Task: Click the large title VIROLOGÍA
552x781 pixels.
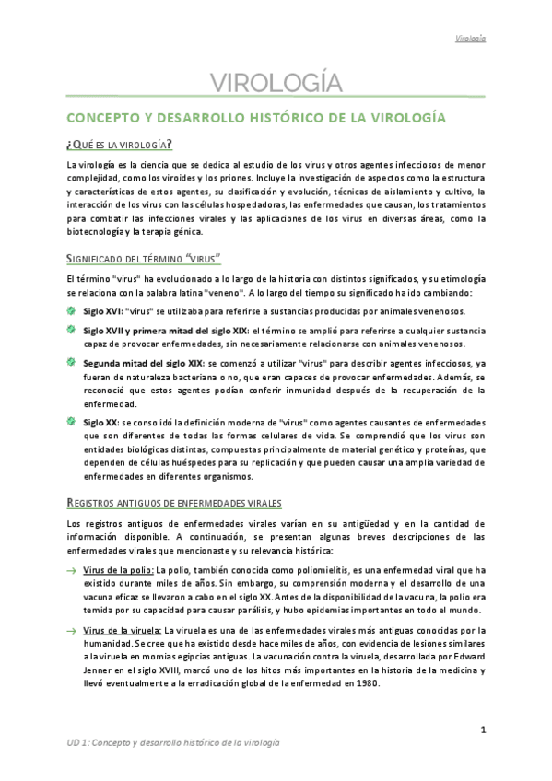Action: point(276,85)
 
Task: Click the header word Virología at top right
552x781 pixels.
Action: point(470,39)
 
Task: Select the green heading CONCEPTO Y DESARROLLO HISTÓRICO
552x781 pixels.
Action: point(256,119)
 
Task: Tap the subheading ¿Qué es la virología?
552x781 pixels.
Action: point(119,145)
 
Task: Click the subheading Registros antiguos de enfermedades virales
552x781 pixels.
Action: point(175,502)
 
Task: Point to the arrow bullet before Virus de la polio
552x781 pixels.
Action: point(72,571)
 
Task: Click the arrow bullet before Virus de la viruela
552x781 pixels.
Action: point(72,631)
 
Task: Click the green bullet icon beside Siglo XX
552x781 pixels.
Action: point(72,421)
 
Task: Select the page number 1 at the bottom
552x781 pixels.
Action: point(483,732)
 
